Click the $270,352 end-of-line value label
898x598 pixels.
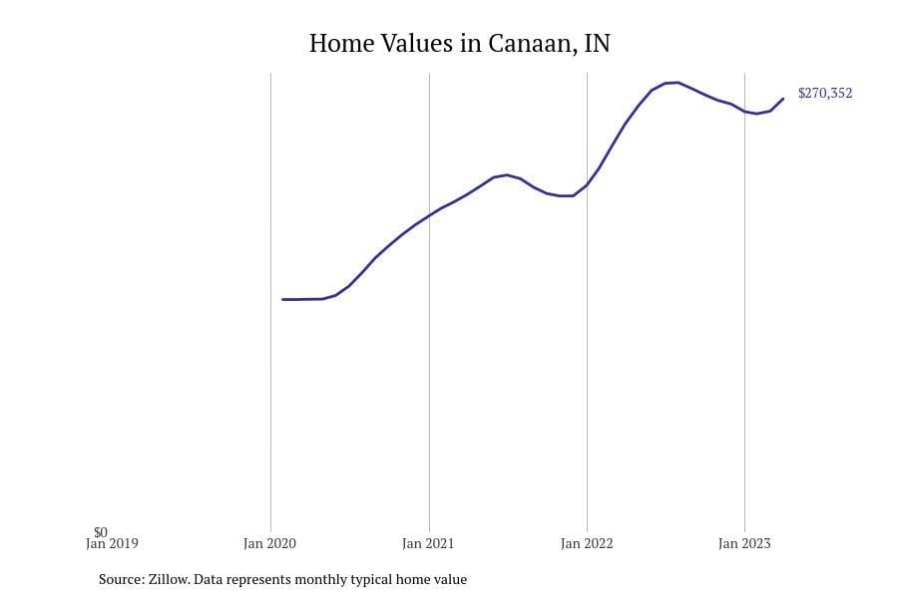click(x=824, y=94)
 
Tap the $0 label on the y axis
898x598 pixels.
click(x=100, y=532)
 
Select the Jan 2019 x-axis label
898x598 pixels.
click(x=112, y=544)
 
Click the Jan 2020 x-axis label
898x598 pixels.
click(x=270, y=544)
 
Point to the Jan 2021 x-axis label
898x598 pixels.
click(x=428, y=544)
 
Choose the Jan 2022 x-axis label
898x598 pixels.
click(x=587, y=544)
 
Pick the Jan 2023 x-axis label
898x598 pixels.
click(x=744, y=544)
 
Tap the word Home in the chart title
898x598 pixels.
click(x=339, y=44)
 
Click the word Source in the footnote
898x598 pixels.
click(x=120, y=579)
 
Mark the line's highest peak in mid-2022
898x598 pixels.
click(x=676, y=83)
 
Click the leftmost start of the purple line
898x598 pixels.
click(x=283, y=299)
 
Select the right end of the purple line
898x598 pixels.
click(x=783, y=98)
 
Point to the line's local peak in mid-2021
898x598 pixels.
click(x=507, y=175)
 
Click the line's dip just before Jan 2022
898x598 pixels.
click(x=567, y=195)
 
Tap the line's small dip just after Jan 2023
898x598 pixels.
click(x=757, y=114)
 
